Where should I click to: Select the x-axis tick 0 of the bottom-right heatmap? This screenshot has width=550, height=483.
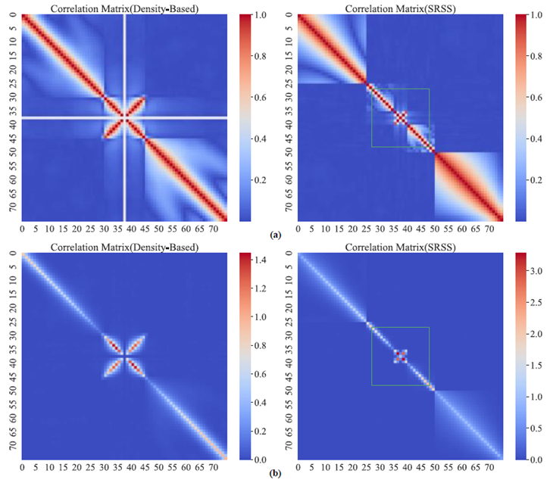point(300,467)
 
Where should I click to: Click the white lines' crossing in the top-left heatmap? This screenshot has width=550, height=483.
point(125,117)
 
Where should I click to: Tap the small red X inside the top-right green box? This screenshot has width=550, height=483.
point(400,117)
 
